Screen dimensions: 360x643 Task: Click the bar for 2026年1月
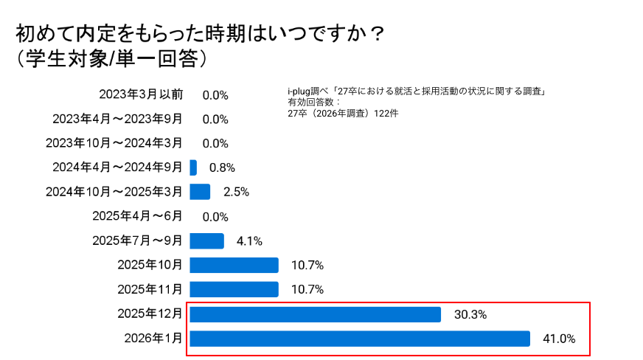pyautogui.click(x=360, y=339)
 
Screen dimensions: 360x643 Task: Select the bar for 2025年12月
pyautogui.click(x=316, y=314)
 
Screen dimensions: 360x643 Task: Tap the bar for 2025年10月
pyautogui.click(x=234, y=266)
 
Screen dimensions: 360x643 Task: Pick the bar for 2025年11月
pyautogui.click(x=234, y=289)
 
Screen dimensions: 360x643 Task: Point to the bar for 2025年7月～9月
pyautogui.click(x=206, y=240)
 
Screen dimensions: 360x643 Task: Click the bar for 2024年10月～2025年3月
pyautogui.click(x=200, y=192)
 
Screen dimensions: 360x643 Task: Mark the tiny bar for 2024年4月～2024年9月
pyautogui.click(x=193, y=167)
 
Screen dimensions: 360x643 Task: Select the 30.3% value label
pyautogui.click(x=470, y=314)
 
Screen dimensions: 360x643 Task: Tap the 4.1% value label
pyautogui.click(x=249, y=240)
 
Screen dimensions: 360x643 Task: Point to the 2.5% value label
pyautogui.click(x=236, y=192)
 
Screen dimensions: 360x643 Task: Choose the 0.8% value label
pyautogui.click(x=222, y=167)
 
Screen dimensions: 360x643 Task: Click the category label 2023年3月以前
pyautogui.click(x=141, y=95)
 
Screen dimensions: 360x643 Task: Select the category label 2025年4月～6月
pyautogui.click(x=137, y=216)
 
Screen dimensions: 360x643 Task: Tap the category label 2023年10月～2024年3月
pyautogui.click(x=114, y=143)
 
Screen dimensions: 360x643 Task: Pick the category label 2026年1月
pyautogui.click(x=150, y=339)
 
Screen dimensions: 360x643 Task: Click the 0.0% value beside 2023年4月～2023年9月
pyautogui.click(x=215, y=120)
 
